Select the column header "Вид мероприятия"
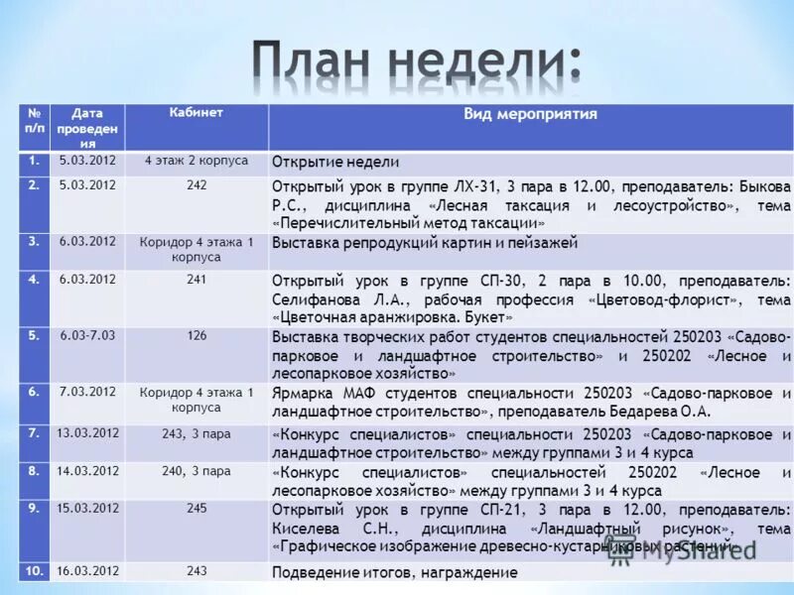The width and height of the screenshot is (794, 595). coord(530,114)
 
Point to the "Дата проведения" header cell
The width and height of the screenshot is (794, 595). coord(86,128)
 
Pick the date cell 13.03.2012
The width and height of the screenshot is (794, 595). coord(87,433)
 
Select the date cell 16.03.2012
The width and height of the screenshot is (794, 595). coord(87,571)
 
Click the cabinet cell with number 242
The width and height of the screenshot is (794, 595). coord(196,184)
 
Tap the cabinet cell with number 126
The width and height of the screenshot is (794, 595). coord(196,335)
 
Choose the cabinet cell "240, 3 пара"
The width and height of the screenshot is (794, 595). coord(196,471)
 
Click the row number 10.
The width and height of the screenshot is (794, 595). coord(34,571)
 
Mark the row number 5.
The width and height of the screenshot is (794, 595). coord(34,335)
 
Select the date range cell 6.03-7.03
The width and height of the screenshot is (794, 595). coord(86,335)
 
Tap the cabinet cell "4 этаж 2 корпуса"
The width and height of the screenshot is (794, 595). coord(196,161)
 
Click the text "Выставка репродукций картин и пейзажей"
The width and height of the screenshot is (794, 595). coord(424,243)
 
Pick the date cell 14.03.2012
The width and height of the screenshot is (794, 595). coord(87,471)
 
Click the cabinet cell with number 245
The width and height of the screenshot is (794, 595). coord(196,508)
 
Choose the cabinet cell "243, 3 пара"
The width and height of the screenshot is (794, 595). coord(196,433)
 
